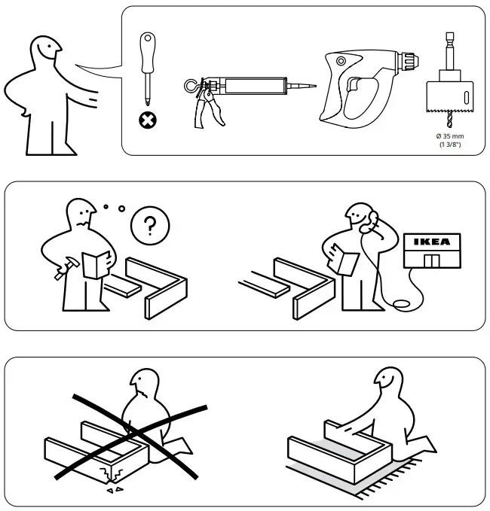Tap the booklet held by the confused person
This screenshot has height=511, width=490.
[96, 264]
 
